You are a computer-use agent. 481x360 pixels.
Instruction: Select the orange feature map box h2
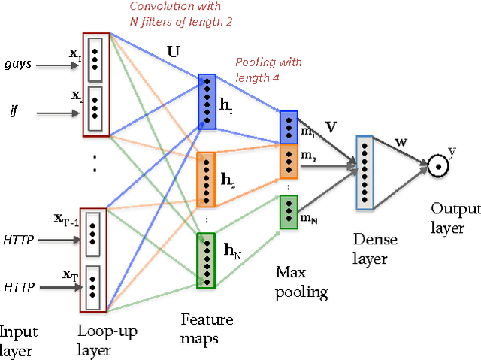(207, 180)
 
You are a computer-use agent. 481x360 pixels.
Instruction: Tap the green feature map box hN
(205, 260)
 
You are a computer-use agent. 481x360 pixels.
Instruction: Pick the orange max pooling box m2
(289, 159)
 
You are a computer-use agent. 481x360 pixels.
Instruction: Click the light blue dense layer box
(365, 172)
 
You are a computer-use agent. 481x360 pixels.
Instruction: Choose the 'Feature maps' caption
(206, 328)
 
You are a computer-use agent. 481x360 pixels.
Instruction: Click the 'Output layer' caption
(447, 217)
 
